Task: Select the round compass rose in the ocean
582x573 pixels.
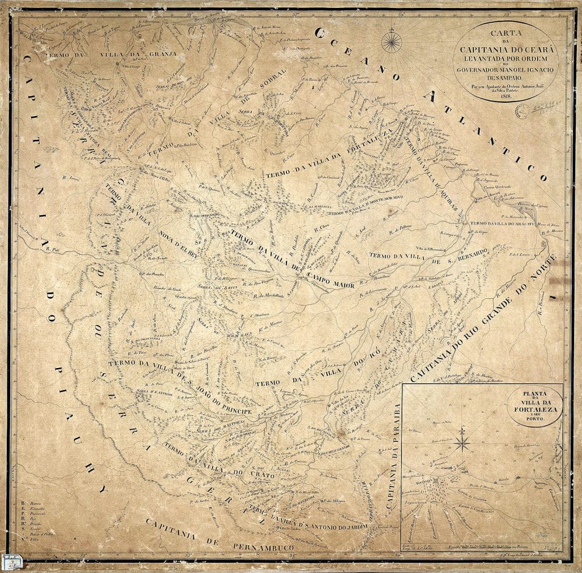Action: pos(391,41)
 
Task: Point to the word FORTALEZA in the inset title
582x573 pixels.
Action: pos(535,409)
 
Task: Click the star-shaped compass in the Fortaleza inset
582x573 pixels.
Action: pos(462,441)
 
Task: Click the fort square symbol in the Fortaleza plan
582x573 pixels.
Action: pos(435,480)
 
